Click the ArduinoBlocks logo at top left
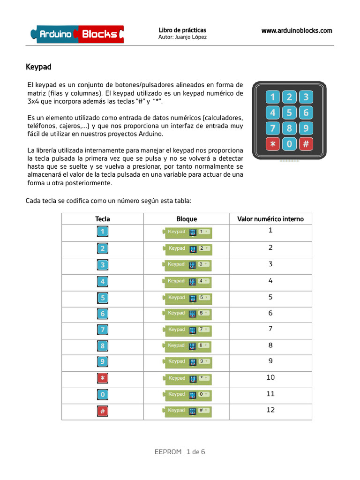pyautogui.click(x=77, y=34)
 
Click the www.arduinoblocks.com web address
pyautogui.click(x=296, y=30)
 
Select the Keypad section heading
pyautogui.click(x=38, y=67)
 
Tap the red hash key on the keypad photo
pyautogui.click(x=306, y=144)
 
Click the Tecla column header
pyautogui.click(x=103, y=219)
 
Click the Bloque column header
pyautogui.click(x=187, y=219)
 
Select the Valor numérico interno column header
pyautogui.click(x=270, y=219)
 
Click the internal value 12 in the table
pyautogui.click(x=270, y=410)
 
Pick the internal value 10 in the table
pyautogui.click(x=270, y=377)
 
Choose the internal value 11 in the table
pyautogui.click(x=270, y=394)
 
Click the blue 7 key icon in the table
pyautogui.click(x=103, y=330)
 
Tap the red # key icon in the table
pyautogui.click(x=103, y=411)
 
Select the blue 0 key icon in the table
pyautogui.click(x=103, y=395)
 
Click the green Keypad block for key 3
pyautogui.click(x=187, y=265)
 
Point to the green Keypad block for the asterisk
pyautogui.click(x=187, y=378)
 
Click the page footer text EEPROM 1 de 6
pyautogui.click(x=180, y=452)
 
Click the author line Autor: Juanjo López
pyautogui.click(x=182, y=37)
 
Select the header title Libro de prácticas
pyautogui.click(x=182, y=30)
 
